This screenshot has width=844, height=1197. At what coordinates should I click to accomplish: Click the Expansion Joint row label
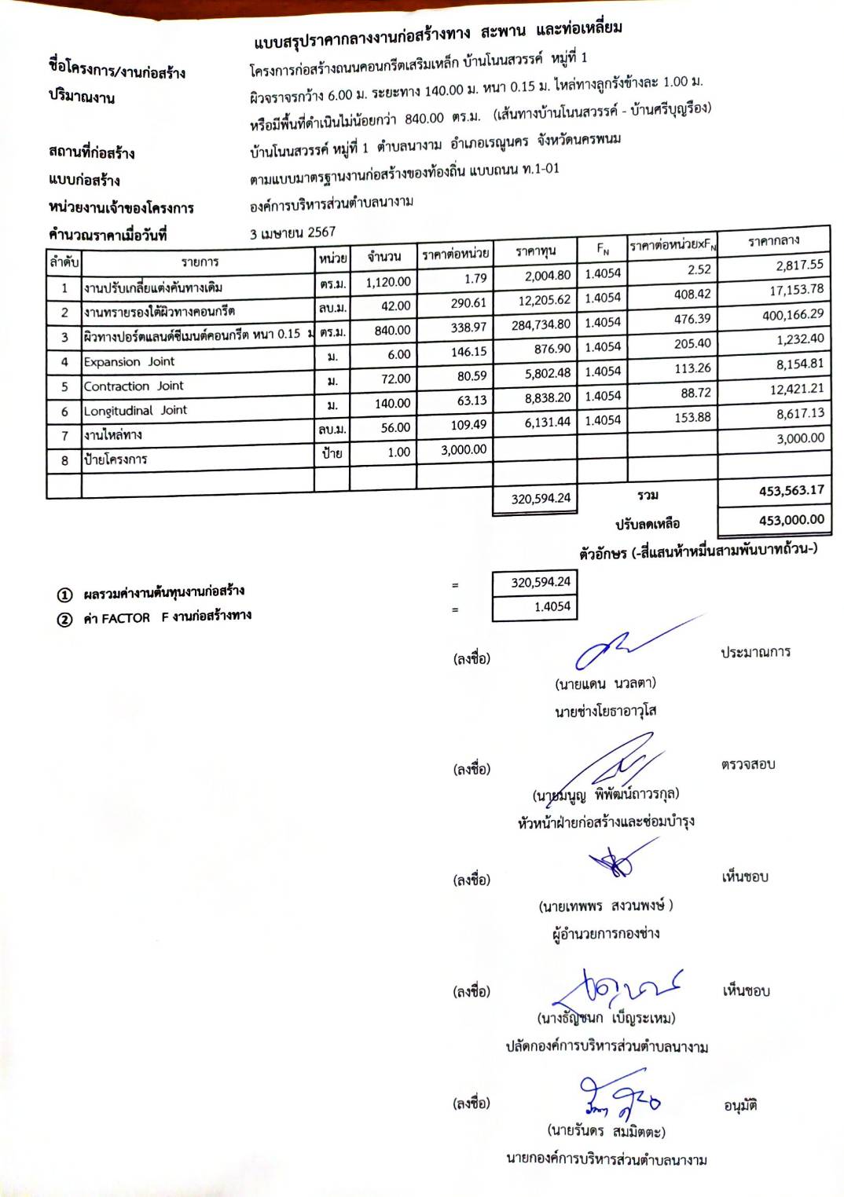[x=129, y=362]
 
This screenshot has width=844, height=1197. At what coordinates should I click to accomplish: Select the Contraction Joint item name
[x=133, y=386]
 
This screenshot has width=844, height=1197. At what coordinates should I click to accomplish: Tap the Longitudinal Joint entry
[x=135, y=411]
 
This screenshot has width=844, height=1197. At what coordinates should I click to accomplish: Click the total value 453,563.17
[x=791, y=491]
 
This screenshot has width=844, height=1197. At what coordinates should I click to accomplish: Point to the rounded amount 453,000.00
[x=791, y=520]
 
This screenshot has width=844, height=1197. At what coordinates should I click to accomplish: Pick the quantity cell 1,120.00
[x=387, y=282]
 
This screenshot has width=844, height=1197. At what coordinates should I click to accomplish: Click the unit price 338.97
[x=468, y=328]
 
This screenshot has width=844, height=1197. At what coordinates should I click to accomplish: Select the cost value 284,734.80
[x=541, y=324]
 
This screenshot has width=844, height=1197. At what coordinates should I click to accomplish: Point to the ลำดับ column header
[x=64, y=262]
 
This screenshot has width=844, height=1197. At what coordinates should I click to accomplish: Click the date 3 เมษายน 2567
[x=292, y=232]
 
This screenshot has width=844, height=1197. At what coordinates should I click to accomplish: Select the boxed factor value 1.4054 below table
[x=552, y=606]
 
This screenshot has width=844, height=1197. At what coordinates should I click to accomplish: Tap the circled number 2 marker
[x=64, y=620]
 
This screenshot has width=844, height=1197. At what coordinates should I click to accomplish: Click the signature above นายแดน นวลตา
[x=629, y=646]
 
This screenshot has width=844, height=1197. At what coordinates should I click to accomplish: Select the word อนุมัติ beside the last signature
[x=739, y=1106]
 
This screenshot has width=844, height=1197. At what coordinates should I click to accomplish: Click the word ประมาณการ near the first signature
[x=755, y=652]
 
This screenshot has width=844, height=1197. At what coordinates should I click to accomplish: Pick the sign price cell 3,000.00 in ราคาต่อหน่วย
[x=463, y=450]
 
